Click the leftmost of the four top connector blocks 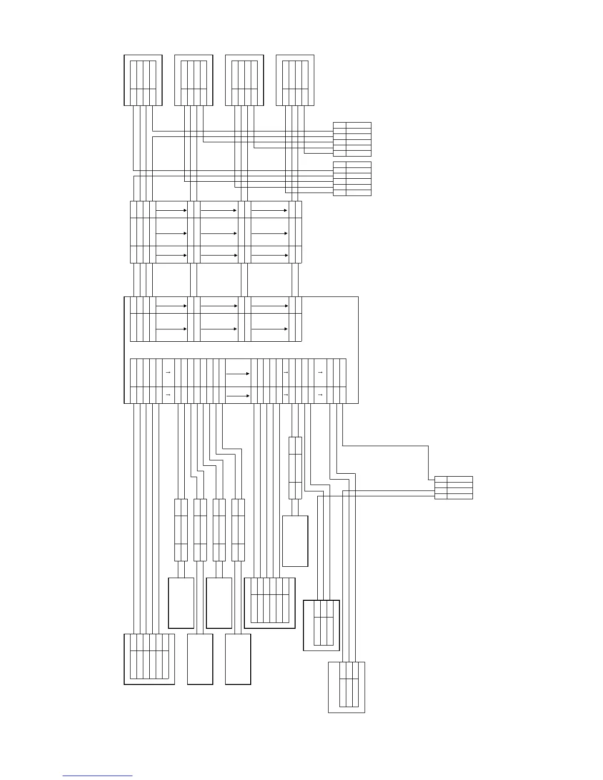tap(143, 80)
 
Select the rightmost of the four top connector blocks tap(295, 80)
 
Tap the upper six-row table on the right tap(352, 139)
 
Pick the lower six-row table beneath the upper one tap(352, 179)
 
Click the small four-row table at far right tap(454, 487)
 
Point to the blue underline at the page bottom tap(98, 776)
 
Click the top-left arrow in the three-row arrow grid tap(171, 210)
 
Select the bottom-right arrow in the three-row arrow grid tap(269, 255)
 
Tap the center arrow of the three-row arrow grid tap(219, 233)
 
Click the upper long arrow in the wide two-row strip tap(238, 374)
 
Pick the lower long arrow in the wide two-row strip tap(238, 395)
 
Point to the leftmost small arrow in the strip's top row tap(168, 373)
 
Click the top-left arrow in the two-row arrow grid tap(171, 306)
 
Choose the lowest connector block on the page tap(347, 687)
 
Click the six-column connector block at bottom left tap(149, 659)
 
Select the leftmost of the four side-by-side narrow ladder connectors tap(181, 530)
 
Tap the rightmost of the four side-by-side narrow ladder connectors tap(238, 530)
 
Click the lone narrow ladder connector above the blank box tap(295, 468)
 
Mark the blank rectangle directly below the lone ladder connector tap(295, 541)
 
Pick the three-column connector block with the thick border tap(322, 625)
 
